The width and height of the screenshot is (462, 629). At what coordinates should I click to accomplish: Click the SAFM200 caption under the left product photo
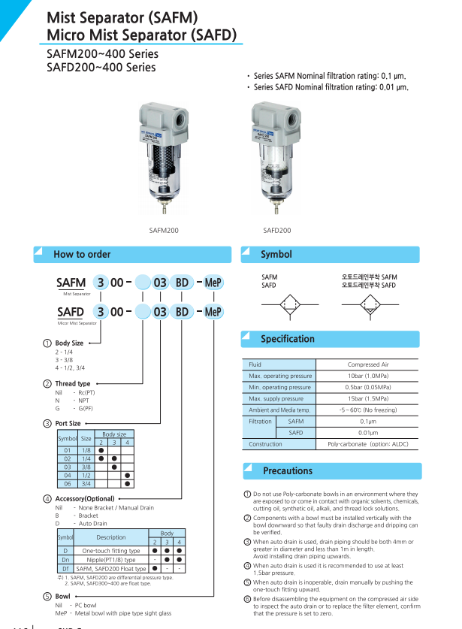click(165, 231)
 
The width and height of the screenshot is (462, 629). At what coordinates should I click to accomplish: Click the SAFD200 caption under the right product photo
click(276, 231)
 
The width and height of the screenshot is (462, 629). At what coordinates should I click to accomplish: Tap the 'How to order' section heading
click(82, 255)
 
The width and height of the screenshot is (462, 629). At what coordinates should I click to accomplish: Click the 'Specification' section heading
click(288, 339)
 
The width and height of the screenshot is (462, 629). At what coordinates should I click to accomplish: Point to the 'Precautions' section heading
click(288, 471)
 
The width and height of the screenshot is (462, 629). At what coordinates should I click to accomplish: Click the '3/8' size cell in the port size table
click(86, 467)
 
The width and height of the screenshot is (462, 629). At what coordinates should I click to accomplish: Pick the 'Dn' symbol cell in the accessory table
click(65, 560)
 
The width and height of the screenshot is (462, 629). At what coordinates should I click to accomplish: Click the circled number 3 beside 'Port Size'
click(47, 424)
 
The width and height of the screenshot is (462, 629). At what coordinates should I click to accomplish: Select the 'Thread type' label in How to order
click(73, 384)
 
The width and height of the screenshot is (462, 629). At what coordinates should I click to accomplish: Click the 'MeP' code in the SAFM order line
click(214, 283)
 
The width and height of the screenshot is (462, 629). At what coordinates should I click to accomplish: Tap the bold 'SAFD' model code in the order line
click(71, 312)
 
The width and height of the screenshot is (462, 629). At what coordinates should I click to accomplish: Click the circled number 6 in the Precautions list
click(247, 599)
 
